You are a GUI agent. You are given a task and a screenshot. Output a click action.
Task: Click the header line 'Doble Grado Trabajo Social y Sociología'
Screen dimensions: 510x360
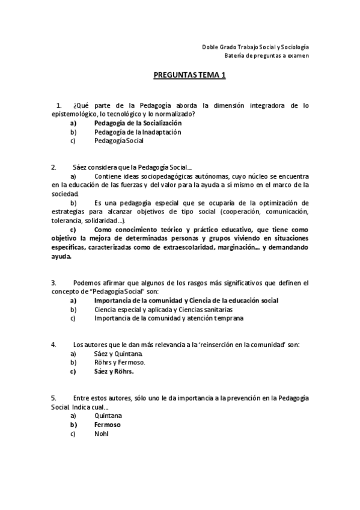pos(255,47)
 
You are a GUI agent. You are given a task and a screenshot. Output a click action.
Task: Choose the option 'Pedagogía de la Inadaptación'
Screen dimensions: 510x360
pos(138,132)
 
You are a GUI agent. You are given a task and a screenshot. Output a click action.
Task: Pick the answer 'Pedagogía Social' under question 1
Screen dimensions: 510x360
pos(119,141)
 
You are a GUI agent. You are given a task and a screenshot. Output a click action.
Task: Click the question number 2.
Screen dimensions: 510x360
pos(53,167)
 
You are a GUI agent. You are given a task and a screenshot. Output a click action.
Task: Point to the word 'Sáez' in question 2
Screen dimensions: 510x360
pos(81,167)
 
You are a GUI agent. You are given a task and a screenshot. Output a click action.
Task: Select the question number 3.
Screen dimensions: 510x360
pos(53,282)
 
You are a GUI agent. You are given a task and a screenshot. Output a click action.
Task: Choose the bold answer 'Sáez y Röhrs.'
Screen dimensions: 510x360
pos(114,372)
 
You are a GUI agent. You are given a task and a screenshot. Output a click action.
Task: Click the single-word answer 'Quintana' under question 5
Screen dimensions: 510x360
pos(108,416)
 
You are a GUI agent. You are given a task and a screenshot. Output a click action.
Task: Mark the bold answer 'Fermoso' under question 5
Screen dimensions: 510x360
pos(108,425)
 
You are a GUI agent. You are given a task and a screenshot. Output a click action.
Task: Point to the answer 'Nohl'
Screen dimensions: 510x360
pos(101,434)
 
